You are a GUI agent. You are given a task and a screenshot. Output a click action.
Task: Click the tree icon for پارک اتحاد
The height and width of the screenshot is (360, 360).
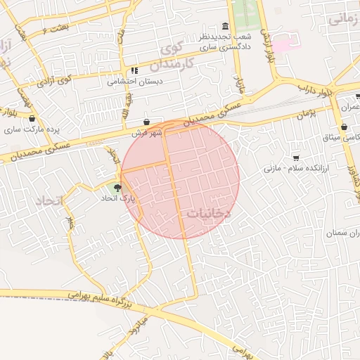point(117,188)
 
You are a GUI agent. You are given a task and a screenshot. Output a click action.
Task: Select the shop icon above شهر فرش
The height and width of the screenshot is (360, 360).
point(146,122)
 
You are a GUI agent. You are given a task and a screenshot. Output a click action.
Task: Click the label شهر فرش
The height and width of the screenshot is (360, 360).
point(146,132)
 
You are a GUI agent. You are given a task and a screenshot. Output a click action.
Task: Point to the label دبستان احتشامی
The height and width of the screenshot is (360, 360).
point(135,81)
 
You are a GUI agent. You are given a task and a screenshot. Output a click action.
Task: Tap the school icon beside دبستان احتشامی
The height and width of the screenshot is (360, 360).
point(134,70)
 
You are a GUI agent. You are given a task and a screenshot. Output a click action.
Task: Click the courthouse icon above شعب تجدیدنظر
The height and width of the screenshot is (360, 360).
point(226,26)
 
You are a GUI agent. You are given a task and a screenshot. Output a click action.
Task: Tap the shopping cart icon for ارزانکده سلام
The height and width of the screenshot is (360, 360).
point(296,157)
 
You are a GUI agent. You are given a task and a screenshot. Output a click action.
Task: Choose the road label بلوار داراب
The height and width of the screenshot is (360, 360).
point(313,89)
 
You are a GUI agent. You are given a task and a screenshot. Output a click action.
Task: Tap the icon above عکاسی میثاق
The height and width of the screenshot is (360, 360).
point(344,127)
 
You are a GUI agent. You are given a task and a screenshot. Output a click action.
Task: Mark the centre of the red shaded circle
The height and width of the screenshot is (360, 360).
point(180,179)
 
